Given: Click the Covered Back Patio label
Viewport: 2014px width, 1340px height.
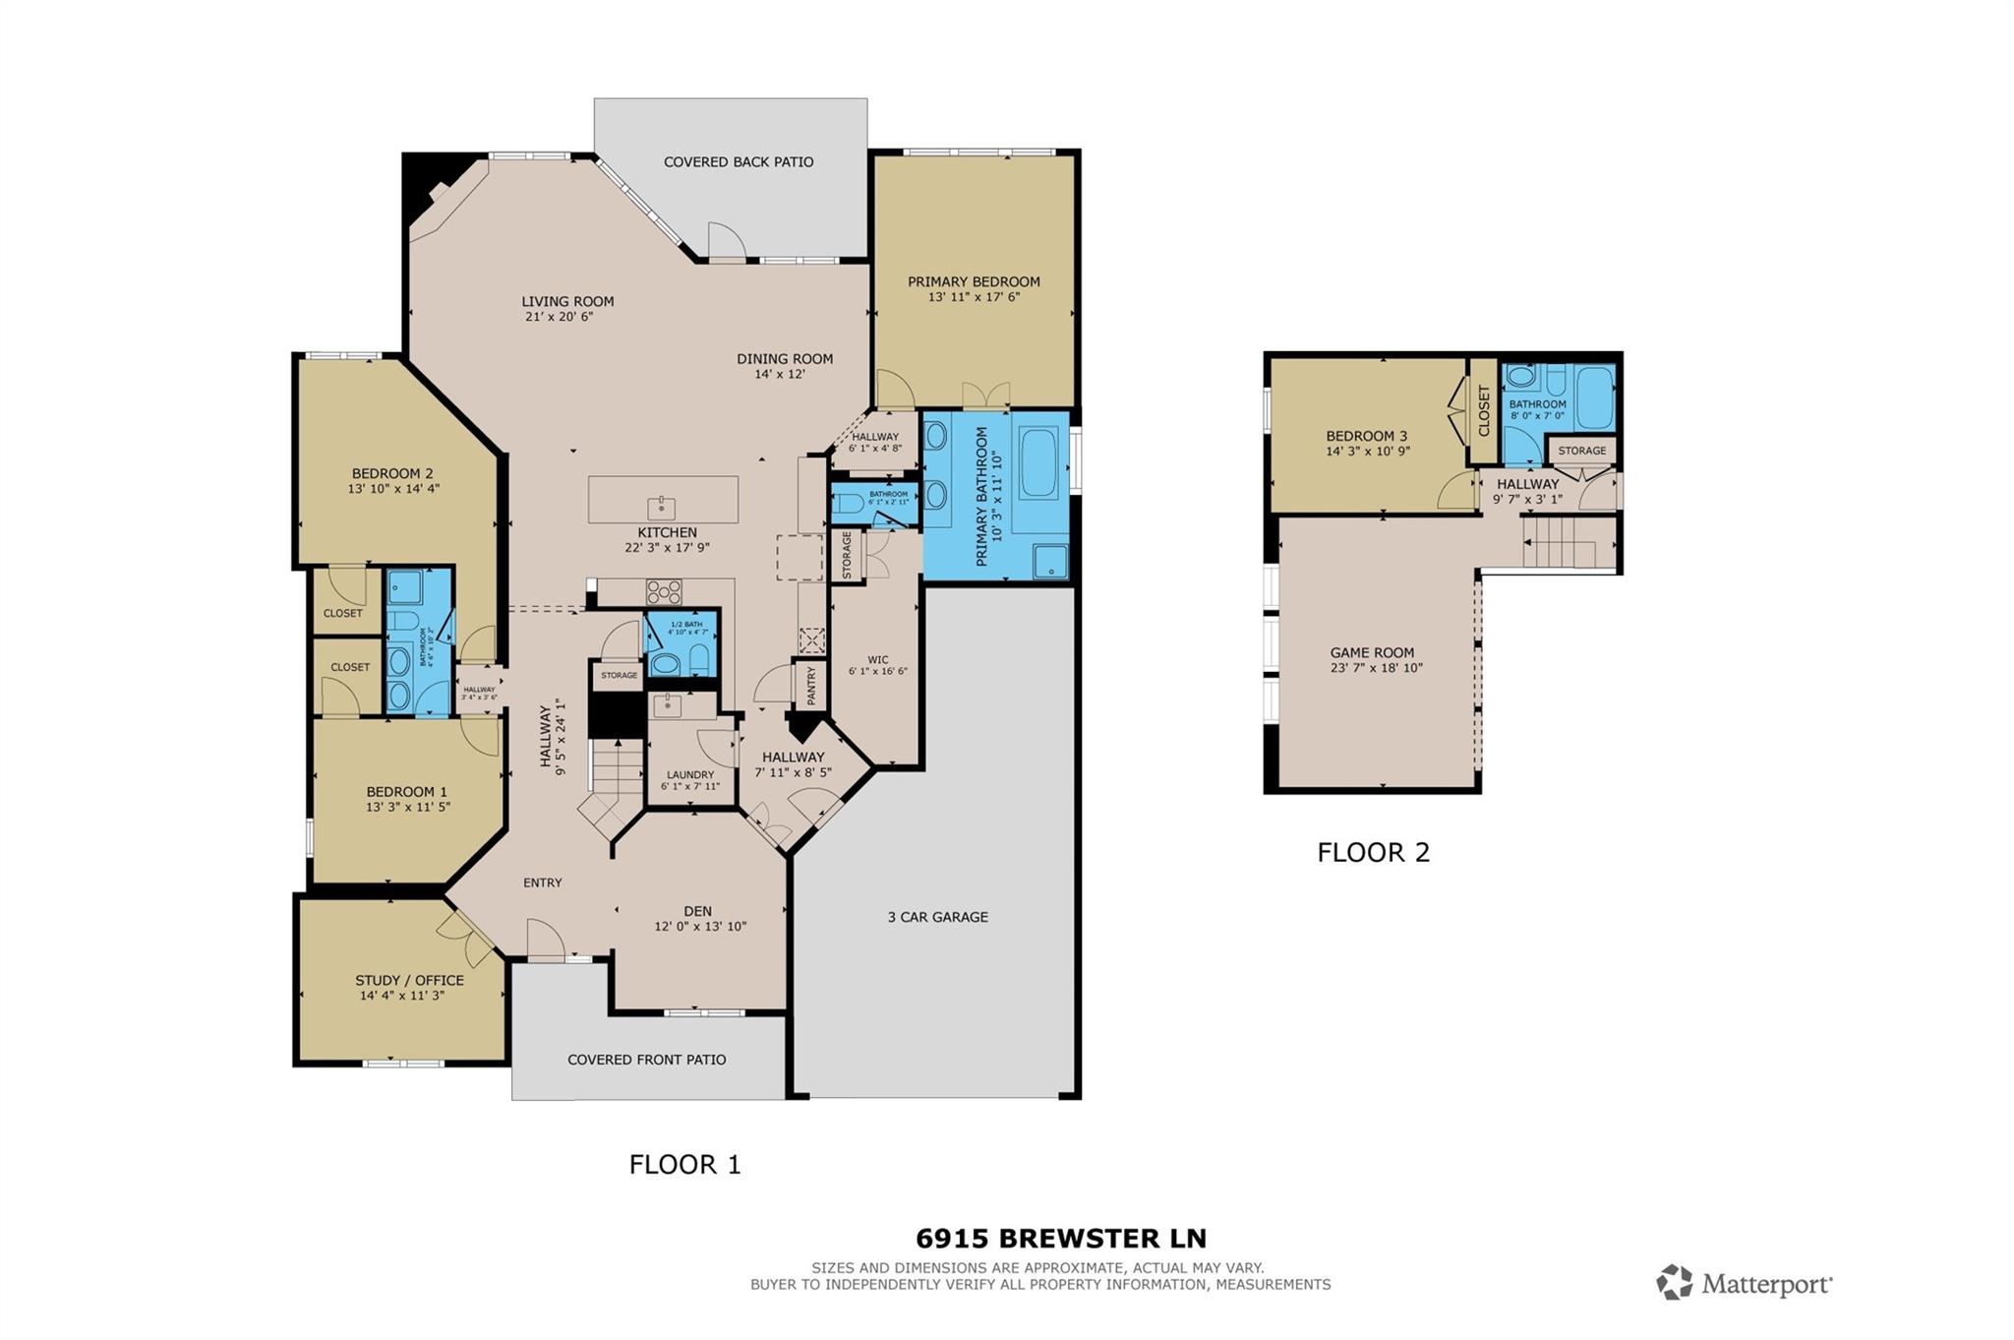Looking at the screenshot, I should (x=738, y=162).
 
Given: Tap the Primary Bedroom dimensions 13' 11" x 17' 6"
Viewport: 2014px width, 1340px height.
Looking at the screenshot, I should (x=974, y=297).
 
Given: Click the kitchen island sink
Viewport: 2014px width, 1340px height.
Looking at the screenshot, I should (x=662, y=508).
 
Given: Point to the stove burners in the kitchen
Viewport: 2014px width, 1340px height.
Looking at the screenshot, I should (x=663, y=591).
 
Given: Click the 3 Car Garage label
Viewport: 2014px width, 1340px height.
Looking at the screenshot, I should (x=937, y=917).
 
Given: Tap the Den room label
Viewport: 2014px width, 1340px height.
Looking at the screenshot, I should (x=697, y=911).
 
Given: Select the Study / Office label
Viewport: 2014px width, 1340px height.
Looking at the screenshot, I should (x=409, y=980).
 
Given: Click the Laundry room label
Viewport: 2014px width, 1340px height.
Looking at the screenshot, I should (x=689, y=774).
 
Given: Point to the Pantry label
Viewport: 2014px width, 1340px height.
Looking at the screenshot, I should (x=811, y=686).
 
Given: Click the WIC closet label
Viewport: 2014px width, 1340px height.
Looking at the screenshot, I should (x=877, y=660).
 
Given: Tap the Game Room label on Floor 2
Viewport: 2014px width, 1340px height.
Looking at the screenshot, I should (x=1372, y=652).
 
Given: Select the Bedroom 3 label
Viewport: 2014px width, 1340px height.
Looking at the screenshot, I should (x=1366, y=436).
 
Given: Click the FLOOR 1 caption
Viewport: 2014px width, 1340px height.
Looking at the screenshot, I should (x=684, y=1165).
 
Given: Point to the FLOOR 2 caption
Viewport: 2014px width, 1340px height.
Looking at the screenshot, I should (x=1373, y=852).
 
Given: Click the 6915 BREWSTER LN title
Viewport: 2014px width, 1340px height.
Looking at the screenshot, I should (x=1061, y=1238).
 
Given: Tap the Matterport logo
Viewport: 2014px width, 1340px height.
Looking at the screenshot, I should (x=1744, y=1283).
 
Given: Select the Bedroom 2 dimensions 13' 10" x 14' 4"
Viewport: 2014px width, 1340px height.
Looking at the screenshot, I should (x=392, y=488).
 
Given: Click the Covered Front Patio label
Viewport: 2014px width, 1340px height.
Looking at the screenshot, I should (x=646, y=1060).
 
